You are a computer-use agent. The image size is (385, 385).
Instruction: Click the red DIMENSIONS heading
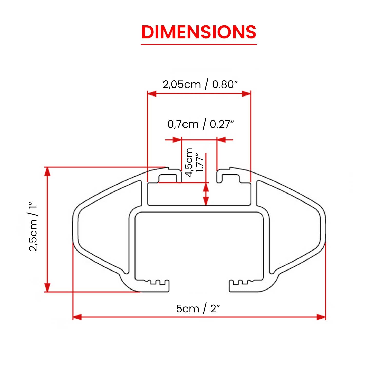(199, 32)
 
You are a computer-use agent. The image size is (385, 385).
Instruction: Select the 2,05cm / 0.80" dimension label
(200, 84)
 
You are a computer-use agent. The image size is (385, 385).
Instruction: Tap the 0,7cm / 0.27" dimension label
(201, 124)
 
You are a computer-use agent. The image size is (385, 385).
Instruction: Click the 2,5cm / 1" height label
(33, 227)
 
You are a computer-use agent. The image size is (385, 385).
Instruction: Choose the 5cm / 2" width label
(198, 309)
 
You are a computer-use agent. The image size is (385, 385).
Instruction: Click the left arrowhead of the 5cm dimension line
(77, 317)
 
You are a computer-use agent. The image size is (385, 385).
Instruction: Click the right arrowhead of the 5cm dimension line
(321, 317)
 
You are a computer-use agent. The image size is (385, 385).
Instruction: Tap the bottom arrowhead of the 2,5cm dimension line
(47, 287)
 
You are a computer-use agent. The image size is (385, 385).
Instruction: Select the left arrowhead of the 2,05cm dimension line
(152, 94)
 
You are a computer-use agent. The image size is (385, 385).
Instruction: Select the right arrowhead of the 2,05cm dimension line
(246, 94)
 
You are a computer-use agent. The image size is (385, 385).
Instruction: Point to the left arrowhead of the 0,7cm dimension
(177, 140)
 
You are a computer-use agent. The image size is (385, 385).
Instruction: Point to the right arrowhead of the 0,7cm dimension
(222, 140)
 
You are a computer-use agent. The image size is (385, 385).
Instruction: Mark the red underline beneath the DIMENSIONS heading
(199, 45)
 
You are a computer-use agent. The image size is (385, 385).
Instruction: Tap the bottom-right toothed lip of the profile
(241, 285)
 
